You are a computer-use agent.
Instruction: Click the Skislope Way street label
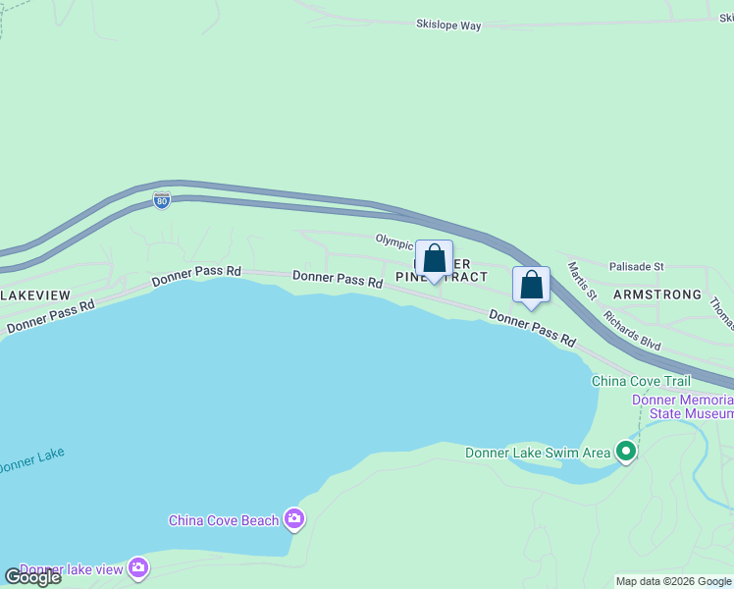[448, 26]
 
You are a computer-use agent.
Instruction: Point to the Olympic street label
[393, 241]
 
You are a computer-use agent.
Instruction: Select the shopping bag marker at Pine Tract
[435, 259]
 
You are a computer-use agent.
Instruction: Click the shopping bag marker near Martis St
[531, 285]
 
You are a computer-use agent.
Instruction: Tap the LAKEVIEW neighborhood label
[35, 294]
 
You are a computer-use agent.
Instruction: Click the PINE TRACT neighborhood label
[442, 277]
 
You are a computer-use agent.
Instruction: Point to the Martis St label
[582, 281]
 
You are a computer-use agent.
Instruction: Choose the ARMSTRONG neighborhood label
[657, 294]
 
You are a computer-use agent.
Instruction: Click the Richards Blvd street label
[632, 332]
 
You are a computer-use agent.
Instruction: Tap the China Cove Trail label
[641, 381]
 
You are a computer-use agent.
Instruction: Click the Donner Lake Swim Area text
[538, 453]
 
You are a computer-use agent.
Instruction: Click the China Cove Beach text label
[224, 520]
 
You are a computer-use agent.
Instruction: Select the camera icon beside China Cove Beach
[293, 518]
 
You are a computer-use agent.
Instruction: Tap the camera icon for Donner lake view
[138, 567]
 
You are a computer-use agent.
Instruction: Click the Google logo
[32, 576]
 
